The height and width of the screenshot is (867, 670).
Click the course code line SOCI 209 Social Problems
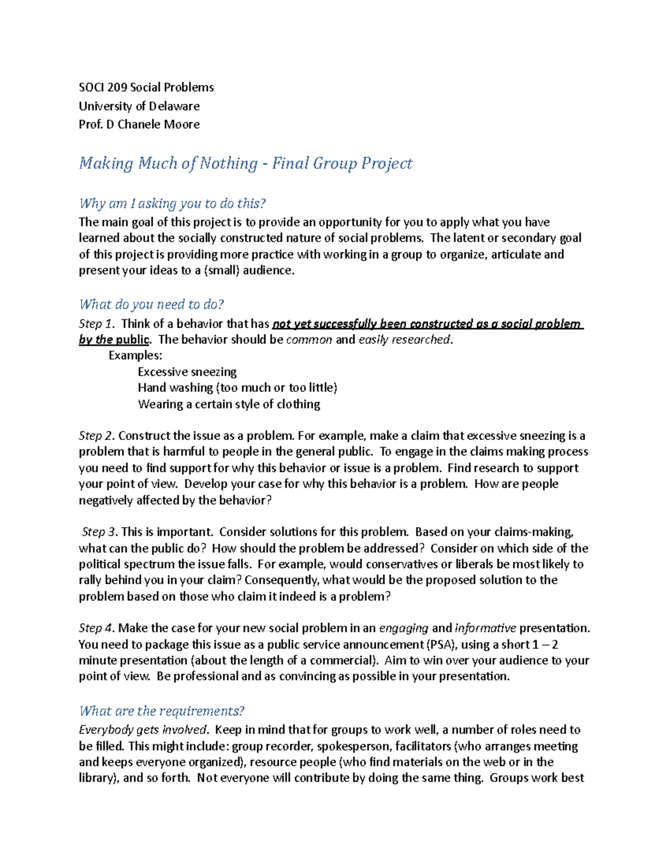point(146,87)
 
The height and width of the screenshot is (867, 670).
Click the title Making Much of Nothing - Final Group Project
point(246,163)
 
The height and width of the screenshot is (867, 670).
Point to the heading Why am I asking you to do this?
point(173,203)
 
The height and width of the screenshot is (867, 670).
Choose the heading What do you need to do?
point(151,304)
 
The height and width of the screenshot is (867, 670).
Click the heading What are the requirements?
point(162,711)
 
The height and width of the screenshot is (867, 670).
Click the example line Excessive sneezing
point(187,372)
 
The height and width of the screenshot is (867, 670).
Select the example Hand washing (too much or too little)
point(237,387)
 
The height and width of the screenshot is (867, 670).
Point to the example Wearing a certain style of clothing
point(229,404)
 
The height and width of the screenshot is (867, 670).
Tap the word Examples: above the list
point(135,356)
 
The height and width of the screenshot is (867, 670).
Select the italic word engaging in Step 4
point(404,628)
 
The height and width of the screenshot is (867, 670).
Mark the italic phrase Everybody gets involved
point(143,730)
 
